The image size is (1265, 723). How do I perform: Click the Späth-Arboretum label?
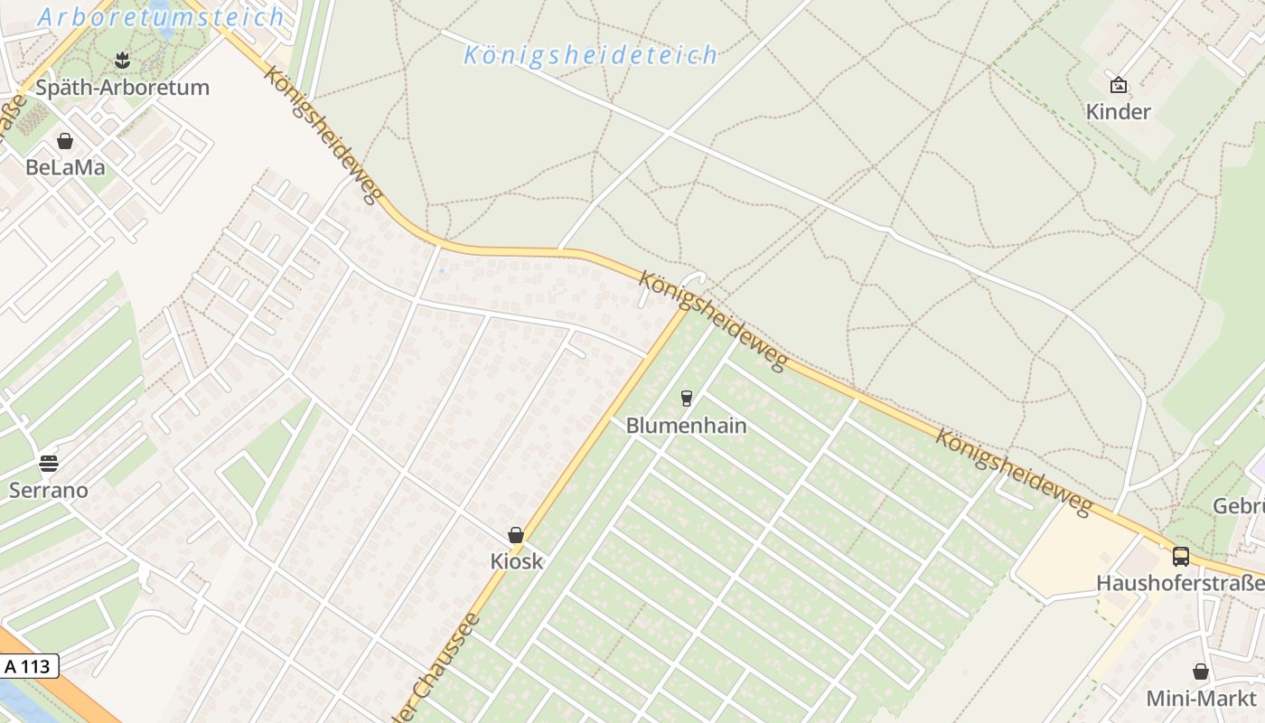coord(122,88)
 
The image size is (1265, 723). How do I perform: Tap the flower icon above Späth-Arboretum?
coord(123,61)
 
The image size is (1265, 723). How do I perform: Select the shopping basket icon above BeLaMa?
coord(65,141)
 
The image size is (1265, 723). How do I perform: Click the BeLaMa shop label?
coord(65,167)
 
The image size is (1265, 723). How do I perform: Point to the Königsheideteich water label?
coord(591,55)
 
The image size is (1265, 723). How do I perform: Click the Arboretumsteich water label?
coord(162,16)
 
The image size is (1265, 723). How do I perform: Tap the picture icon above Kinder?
coord(1119,85)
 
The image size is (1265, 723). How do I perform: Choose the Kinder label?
coord(1119,112)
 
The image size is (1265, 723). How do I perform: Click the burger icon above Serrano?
coord(49,464)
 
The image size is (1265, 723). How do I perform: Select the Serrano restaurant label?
coord(49,491)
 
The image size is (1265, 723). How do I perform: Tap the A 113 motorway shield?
coord(28,667)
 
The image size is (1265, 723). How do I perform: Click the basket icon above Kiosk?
coord(516,535)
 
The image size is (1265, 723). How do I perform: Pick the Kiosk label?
coord(517,561)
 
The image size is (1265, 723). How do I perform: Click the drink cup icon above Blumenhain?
coord(687,398)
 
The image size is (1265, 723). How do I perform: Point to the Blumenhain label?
coord(687,425)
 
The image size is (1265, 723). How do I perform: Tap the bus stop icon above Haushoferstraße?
coord(1181,556)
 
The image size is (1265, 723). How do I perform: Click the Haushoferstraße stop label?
coord(1180,583)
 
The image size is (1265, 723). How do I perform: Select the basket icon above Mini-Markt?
coord(1201,671)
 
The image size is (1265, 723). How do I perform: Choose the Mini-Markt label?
coord(1201,699)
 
